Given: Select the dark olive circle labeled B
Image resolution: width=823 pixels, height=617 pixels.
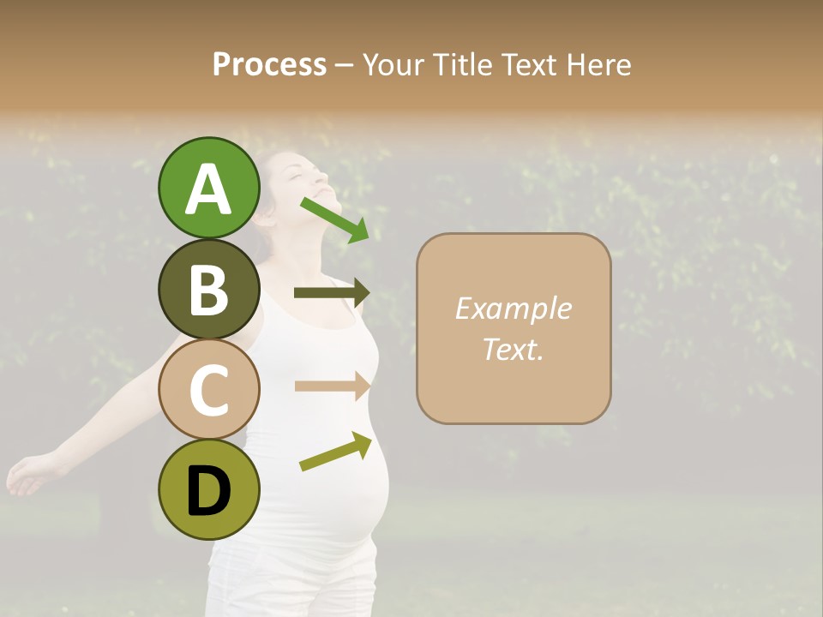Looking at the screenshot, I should tap(208, 289).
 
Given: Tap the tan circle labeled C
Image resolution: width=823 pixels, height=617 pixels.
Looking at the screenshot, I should tap(208, 389).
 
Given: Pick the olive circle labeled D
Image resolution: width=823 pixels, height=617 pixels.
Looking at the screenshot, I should tap(208, 489).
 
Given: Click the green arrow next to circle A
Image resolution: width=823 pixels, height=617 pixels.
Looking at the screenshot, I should tap(335, 219).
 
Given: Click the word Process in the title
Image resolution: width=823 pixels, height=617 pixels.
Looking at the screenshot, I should tap(269, 65).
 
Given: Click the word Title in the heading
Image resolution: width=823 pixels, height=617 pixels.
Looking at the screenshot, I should tap(464, 65).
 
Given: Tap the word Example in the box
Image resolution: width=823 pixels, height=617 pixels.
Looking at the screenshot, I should tap(513, 308).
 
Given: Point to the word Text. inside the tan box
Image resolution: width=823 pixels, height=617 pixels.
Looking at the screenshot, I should tap(513, 349).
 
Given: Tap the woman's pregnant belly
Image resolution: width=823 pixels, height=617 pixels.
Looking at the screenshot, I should tap(360, 497).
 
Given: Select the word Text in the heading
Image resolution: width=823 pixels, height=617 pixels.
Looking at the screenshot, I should tap(528, 65).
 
